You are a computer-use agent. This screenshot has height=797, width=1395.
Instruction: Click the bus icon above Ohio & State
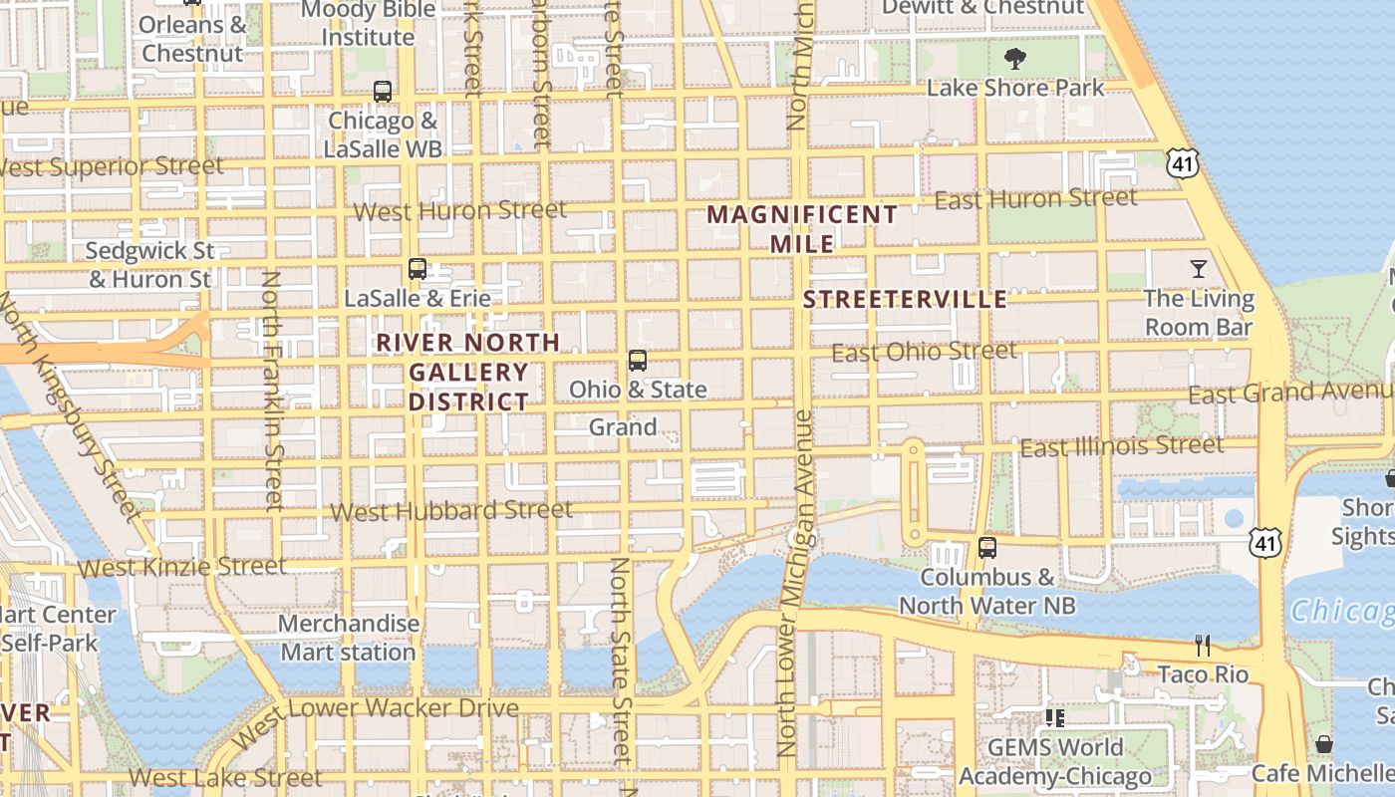coord(638,361)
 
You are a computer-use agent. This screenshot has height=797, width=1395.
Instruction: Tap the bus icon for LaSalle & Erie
coord(418,269)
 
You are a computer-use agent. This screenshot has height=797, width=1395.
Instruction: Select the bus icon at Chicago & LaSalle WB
coord(383,92)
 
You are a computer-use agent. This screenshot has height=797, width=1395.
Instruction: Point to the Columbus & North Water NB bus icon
coord(987,548)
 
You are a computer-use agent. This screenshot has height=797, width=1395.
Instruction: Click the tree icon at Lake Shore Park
coord(1015,59)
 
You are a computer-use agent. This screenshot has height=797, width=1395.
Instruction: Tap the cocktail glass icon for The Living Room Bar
coord(1199,269)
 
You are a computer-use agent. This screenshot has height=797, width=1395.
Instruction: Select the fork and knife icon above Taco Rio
coord(1203,646)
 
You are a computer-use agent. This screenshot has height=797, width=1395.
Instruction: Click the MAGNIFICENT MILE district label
coord(802,228)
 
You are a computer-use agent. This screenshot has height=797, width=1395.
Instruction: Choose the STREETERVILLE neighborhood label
coord(905,300)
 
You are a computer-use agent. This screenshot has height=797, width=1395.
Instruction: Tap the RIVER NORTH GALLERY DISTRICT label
coord(468,373)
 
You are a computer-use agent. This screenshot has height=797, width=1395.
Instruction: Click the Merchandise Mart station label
coord(349,638)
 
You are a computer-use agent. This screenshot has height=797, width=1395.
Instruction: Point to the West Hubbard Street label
coord(451,511)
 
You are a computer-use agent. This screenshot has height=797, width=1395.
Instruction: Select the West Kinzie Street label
coord(182,567)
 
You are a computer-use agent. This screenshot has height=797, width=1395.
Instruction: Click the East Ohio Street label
coord(924,352)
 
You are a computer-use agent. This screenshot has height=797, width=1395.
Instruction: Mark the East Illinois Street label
coord(1121,446)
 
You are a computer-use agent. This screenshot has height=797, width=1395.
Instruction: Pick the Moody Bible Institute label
coord(369,24)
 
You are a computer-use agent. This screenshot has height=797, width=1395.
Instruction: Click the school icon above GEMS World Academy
coord(1054,718)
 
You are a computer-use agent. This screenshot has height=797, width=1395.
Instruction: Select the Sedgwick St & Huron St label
coord(150,264)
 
